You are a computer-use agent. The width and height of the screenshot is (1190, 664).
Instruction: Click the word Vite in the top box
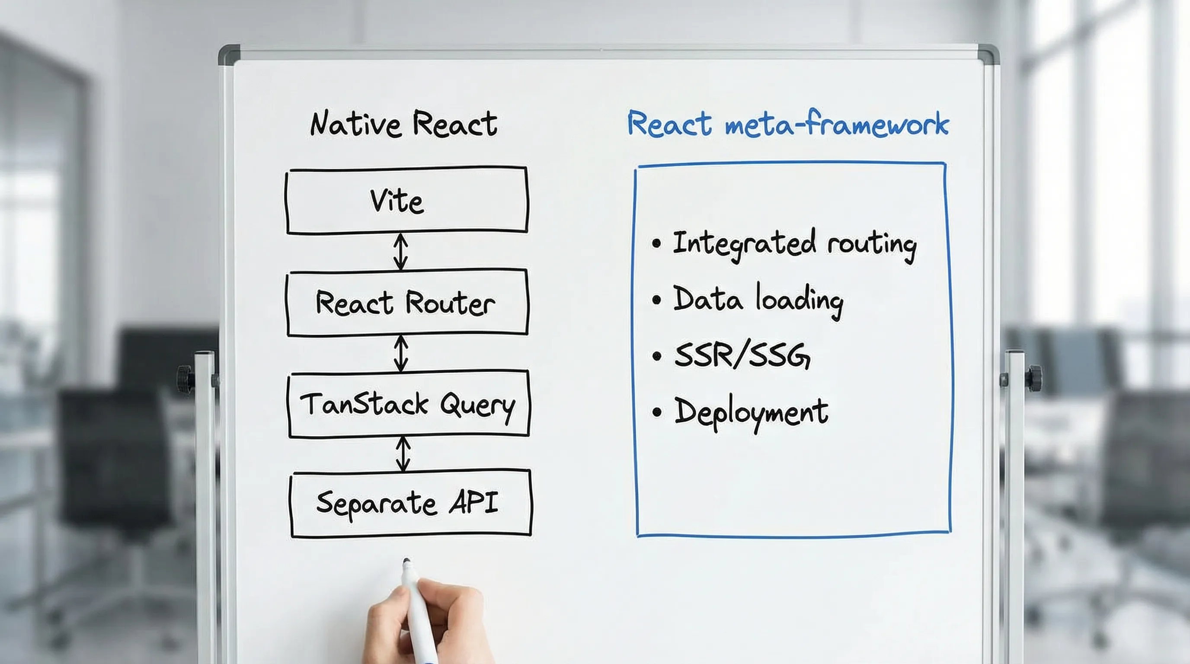[397, 201]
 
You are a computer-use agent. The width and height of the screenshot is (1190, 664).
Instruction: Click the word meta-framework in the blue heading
[837, 124]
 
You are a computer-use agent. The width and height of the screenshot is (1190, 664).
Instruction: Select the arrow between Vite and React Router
[400, 252]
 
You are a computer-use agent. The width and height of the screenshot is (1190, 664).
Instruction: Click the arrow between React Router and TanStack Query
[401, 353]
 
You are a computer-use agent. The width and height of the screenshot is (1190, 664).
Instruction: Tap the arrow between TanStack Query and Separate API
[403, 454]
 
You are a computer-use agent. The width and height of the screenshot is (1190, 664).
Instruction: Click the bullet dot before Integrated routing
[656, 243]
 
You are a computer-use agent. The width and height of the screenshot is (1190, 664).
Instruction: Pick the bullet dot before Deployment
[657, 412]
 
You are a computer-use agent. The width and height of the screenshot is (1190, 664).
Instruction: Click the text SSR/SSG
[742, 355]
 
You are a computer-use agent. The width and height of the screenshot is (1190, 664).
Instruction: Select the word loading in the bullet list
[799, 300]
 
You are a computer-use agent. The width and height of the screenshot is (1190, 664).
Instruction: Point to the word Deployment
[751, 412]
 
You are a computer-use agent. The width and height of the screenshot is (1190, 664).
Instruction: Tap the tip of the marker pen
[406, 562]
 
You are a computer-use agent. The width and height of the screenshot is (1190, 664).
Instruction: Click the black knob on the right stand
[1034, 378]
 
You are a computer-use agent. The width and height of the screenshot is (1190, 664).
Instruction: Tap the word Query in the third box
[477, 405]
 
